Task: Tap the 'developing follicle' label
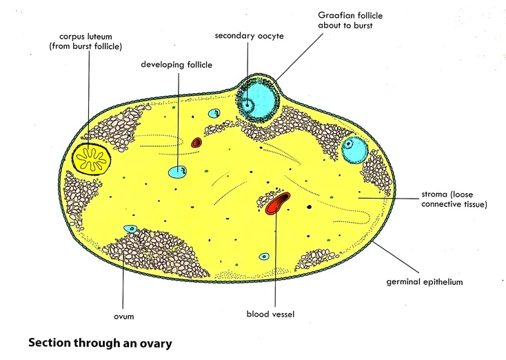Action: tap(176, 65)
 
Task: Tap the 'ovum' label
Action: tap(124, 317)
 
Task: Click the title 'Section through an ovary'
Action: tap(99, 341)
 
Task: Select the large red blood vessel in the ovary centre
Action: tap(277, 205)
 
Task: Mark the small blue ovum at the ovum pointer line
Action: tap(129, 228)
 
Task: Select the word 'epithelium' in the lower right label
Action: tap(441, 282)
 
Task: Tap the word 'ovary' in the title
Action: tap(154, 341)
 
